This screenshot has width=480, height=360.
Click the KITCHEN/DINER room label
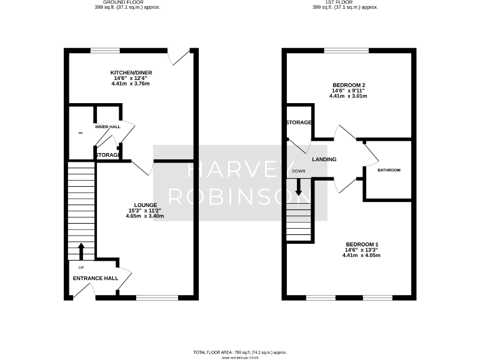click(x=131, y=72)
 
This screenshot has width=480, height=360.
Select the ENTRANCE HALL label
click(x=96, y=278)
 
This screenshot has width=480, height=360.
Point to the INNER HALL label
click(x=107, y=127)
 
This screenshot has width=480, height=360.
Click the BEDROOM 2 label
click(x=349, y=85)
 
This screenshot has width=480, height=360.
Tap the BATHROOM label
click(x=389, y=170)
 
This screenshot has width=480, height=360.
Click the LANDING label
click(x=324, y=160)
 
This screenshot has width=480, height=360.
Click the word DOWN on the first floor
click(x=299, y=171)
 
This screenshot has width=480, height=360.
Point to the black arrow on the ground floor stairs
click(x=81, y=252)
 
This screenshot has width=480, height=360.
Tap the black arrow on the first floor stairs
click(x=299, y=186)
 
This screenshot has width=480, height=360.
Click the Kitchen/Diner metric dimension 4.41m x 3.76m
click(x=131, y=84)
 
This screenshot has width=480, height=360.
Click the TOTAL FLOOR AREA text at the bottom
click(x=240, y=352)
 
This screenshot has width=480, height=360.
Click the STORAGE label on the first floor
click(x=299, y=122)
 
